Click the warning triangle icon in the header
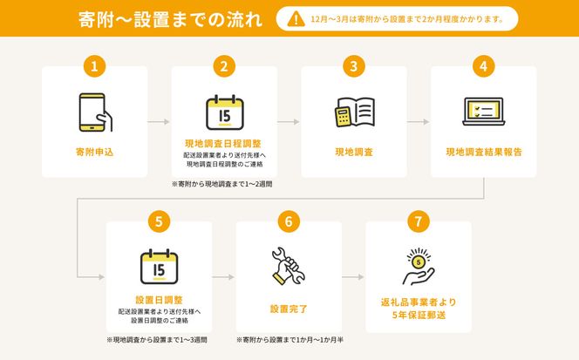point(296,19)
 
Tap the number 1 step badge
point(94,66)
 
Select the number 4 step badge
point(483,66)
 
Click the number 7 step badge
point(419,221)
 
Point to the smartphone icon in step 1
point(95,112)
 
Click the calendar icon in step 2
point(224,112)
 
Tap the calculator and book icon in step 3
point(355,112)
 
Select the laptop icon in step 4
point(484,112)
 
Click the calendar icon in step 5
point(160,267)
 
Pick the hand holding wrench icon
point(289,266)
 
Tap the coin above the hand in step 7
point(419,262)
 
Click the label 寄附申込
point(94,152)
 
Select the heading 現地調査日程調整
point(223,144)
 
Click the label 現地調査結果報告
point(484,152)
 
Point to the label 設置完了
point(289,309)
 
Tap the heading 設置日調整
point(160,300)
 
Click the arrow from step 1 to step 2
point(159,121)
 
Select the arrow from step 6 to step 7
point(353,277)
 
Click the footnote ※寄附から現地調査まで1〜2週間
point(222,184)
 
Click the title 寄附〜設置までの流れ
point(170,19)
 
